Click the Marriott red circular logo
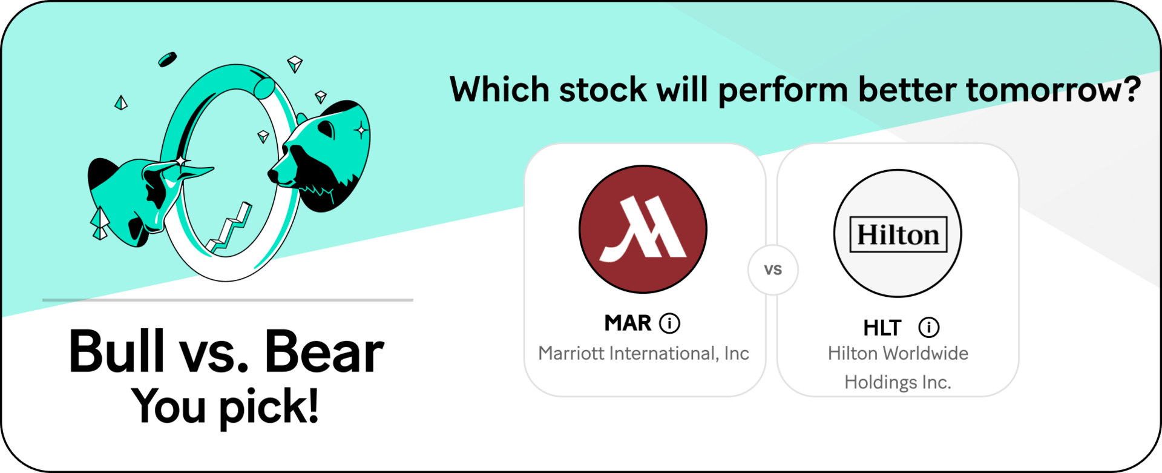[643, 230]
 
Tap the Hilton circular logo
[898, 233]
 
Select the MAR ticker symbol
[628, 323]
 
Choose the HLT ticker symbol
[882, 328]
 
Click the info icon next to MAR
[669, 323]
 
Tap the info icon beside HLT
[929, 328]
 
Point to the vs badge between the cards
[773, 270]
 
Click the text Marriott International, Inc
[644, 353]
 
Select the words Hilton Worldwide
[898, 353]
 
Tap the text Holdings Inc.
[898, 382]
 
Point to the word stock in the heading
[603, 90]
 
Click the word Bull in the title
[117, 351]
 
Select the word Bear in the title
[324, 351]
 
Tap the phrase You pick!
[225, 406]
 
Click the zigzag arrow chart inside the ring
[230, 228]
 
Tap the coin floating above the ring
[167, 59]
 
